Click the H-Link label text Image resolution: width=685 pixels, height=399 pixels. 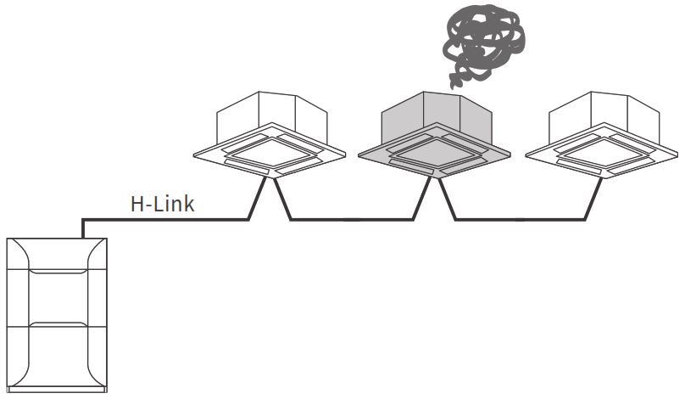tap(162, 204)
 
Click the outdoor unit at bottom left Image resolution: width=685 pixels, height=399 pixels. tap(58, 314)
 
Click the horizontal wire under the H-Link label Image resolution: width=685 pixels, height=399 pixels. tap(170, 220)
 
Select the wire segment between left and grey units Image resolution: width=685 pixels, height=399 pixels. tap(352, 220)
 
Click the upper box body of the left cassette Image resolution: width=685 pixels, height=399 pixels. tap(270, 115)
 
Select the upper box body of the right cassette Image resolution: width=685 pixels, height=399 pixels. tap(601, 115)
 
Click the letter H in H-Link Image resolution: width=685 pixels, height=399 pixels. tap(136, 204)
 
